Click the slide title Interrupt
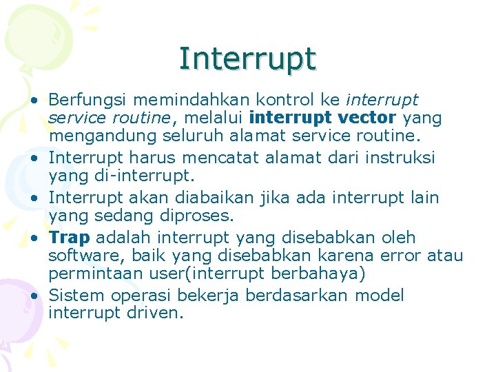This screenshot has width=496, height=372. [247, 59]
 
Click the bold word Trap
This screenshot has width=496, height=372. [70, 237]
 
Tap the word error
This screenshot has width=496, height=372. [399, 256]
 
